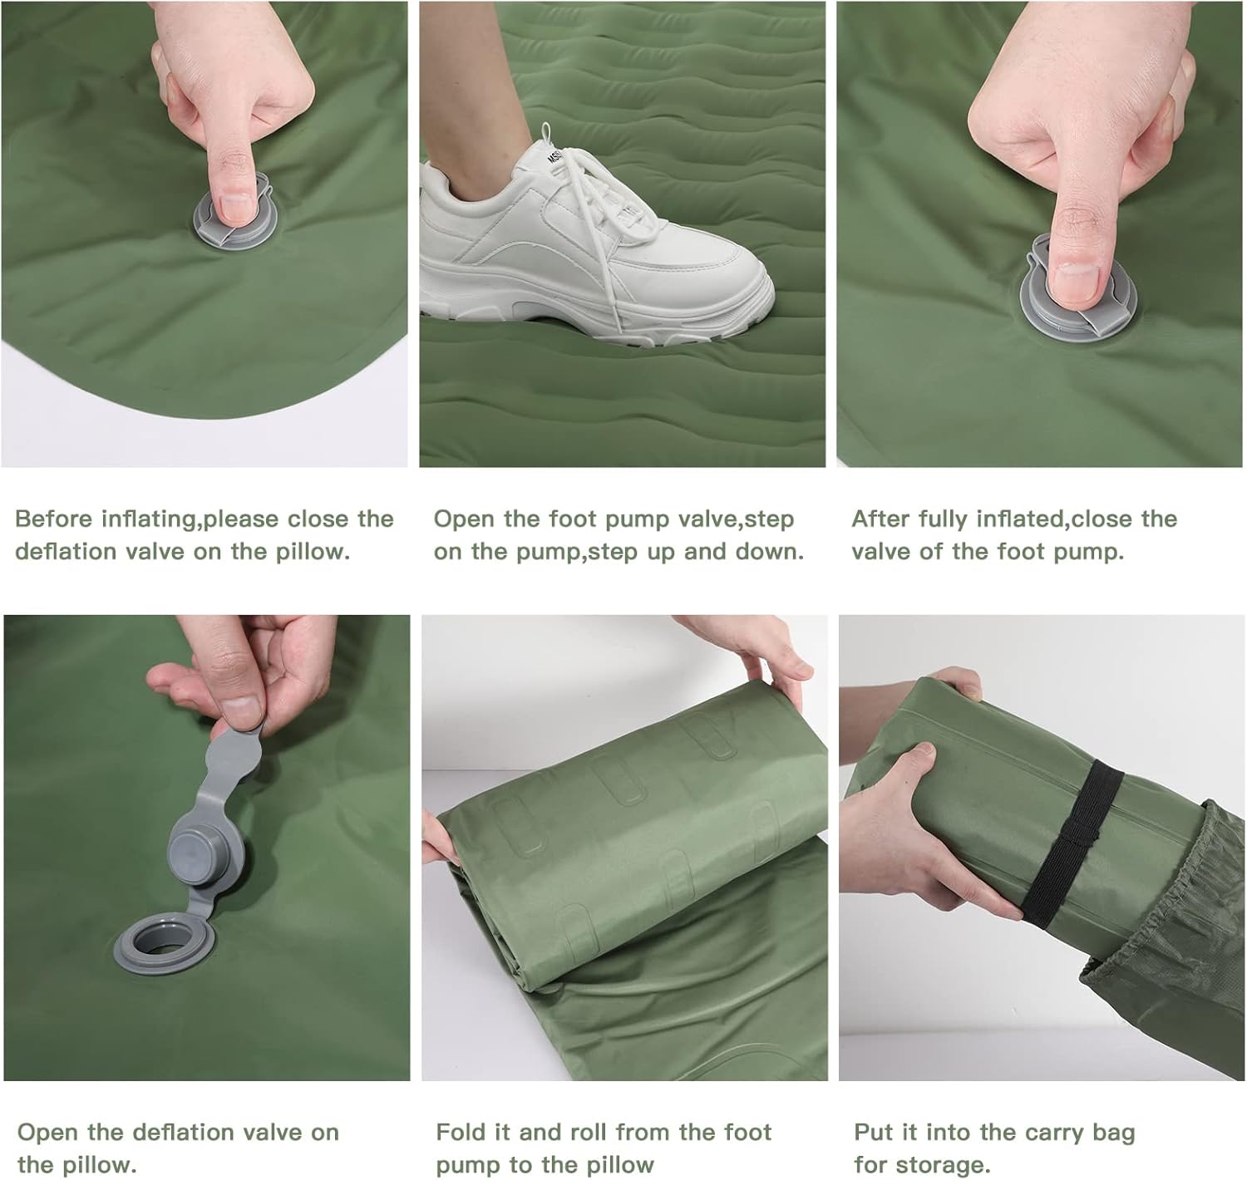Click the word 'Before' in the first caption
[x=53, y=519]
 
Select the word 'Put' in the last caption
[x=874, y=1132]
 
